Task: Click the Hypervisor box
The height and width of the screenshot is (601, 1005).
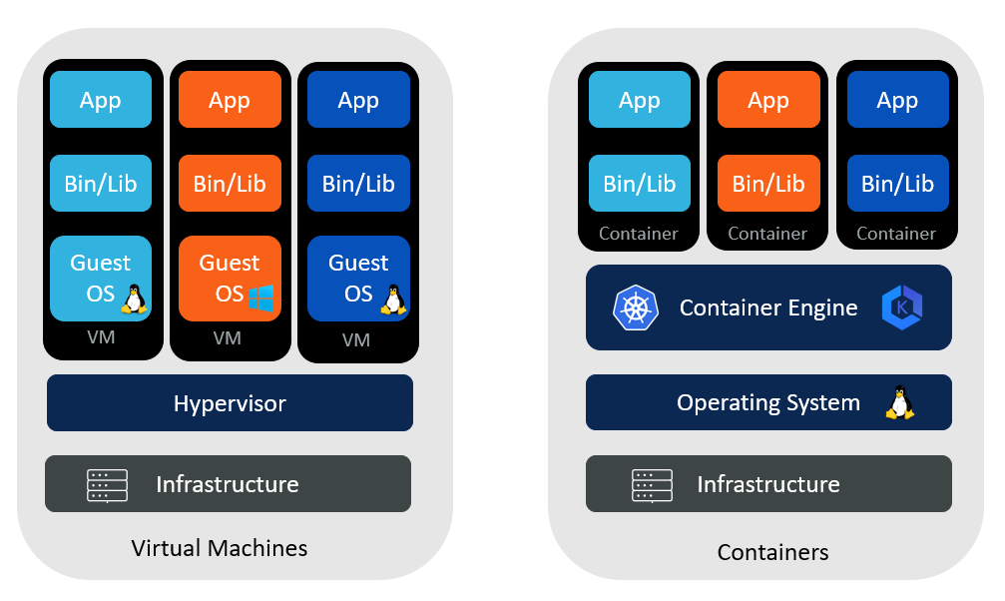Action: pos(230,403)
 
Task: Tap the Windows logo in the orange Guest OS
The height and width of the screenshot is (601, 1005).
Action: pos(260,297)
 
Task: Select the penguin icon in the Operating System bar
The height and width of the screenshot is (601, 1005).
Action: pos(900,402)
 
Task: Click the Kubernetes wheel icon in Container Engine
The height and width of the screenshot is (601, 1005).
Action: pos(637,307)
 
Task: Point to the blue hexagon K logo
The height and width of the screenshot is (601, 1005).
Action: pos(902,307)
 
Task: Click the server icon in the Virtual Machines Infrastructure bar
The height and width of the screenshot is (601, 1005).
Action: pos(107,485)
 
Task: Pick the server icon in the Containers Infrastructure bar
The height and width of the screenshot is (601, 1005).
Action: pos(652,485)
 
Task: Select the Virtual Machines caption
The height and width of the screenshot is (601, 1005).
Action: pos(220,548)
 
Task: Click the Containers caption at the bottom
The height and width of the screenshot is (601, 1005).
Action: pos(772,552)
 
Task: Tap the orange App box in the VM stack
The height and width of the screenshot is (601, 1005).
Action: pos(230,100)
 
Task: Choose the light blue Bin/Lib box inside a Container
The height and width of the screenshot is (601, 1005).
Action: pos(639,184)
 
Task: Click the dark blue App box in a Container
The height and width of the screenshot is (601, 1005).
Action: pos(897,100)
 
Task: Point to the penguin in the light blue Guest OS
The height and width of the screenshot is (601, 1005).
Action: pos(134,299)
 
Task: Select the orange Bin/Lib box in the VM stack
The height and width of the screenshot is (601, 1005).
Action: pos(230,184)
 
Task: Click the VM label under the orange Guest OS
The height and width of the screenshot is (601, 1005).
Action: pos(228,338)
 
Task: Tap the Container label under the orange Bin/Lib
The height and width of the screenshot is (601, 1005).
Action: pos(767,234)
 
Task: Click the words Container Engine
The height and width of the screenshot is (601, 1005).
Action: pos(768,307)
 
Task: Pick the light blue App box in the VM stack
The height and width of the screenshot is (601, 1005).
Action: pos(101,100)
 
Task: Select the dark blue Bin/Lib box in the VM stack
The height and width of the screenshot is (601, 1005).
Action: pos(358,184)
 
